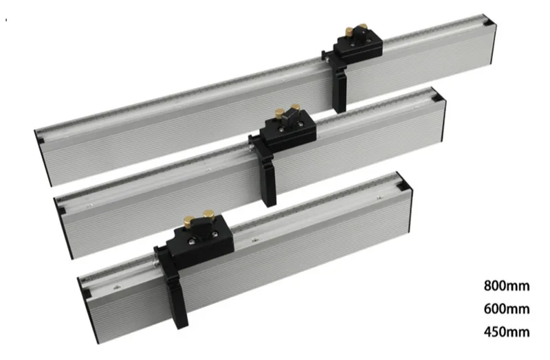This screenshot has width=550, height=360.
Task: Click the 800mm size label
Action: point(507,286)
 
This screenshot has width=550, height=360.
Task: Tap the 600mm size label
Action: point(507,309)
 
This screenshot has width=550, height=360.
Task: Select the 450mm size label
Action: point(507,332)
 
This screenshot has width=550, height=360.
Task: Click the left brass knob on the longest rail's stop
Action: point(350,32)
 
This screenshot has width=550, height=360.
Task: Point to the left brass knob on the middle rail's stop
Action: point(280,113)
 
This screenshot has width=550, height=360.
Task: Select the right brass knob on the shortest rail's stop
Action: point(208,214)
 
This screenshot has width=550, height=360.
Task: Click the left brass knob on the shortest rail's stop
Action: point(189,221)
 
